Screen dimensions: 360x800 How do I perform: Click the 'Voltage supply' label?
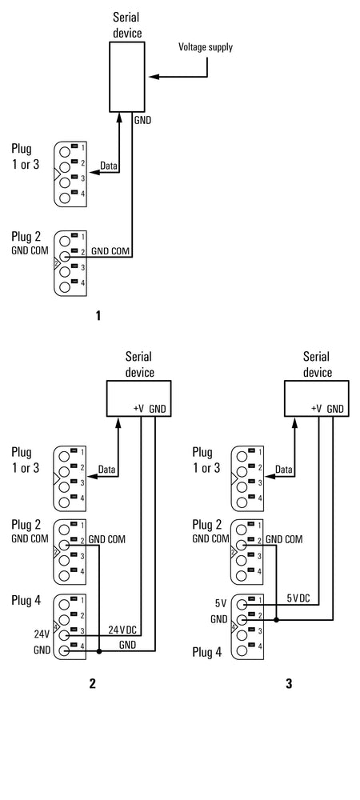205,47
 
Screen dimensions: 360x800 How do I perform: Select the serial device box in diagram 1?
126,77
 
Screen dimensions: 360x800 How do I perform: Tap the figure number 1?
98,316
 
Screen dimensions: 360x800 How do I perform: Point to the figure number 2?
92,684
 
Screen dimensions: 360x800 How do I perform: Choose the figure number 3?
289,684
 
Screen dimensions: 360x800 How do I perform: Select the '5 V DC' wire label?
298,598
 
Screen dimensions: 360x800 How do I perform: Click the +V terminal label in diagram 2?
138,408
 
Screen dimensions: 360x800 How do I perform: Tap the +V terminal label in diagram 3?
316,408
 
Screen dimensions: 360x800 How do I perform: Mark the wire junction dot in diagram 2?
99,651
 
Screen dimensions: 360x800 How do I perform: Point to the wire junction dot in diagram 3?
276,621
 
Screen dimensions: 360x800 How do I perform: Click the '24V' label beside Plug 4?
42,634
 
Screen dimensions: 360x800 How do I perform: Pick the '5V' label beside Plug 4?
220,603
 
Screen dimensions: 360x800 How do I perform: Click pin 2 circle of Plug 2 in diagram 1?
65,256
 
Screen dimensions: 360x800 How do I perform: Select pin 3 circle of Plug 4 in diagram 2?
65,635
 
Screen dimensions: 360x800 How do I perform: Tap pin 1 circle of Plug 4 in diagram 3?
242,604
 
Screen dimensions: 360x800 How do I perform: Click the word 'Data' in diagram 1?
108,166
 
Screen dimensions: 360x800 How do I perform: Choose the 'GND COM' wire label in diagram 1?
110,251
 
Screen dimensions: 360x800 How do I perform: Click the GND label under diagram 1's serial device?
143,121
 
